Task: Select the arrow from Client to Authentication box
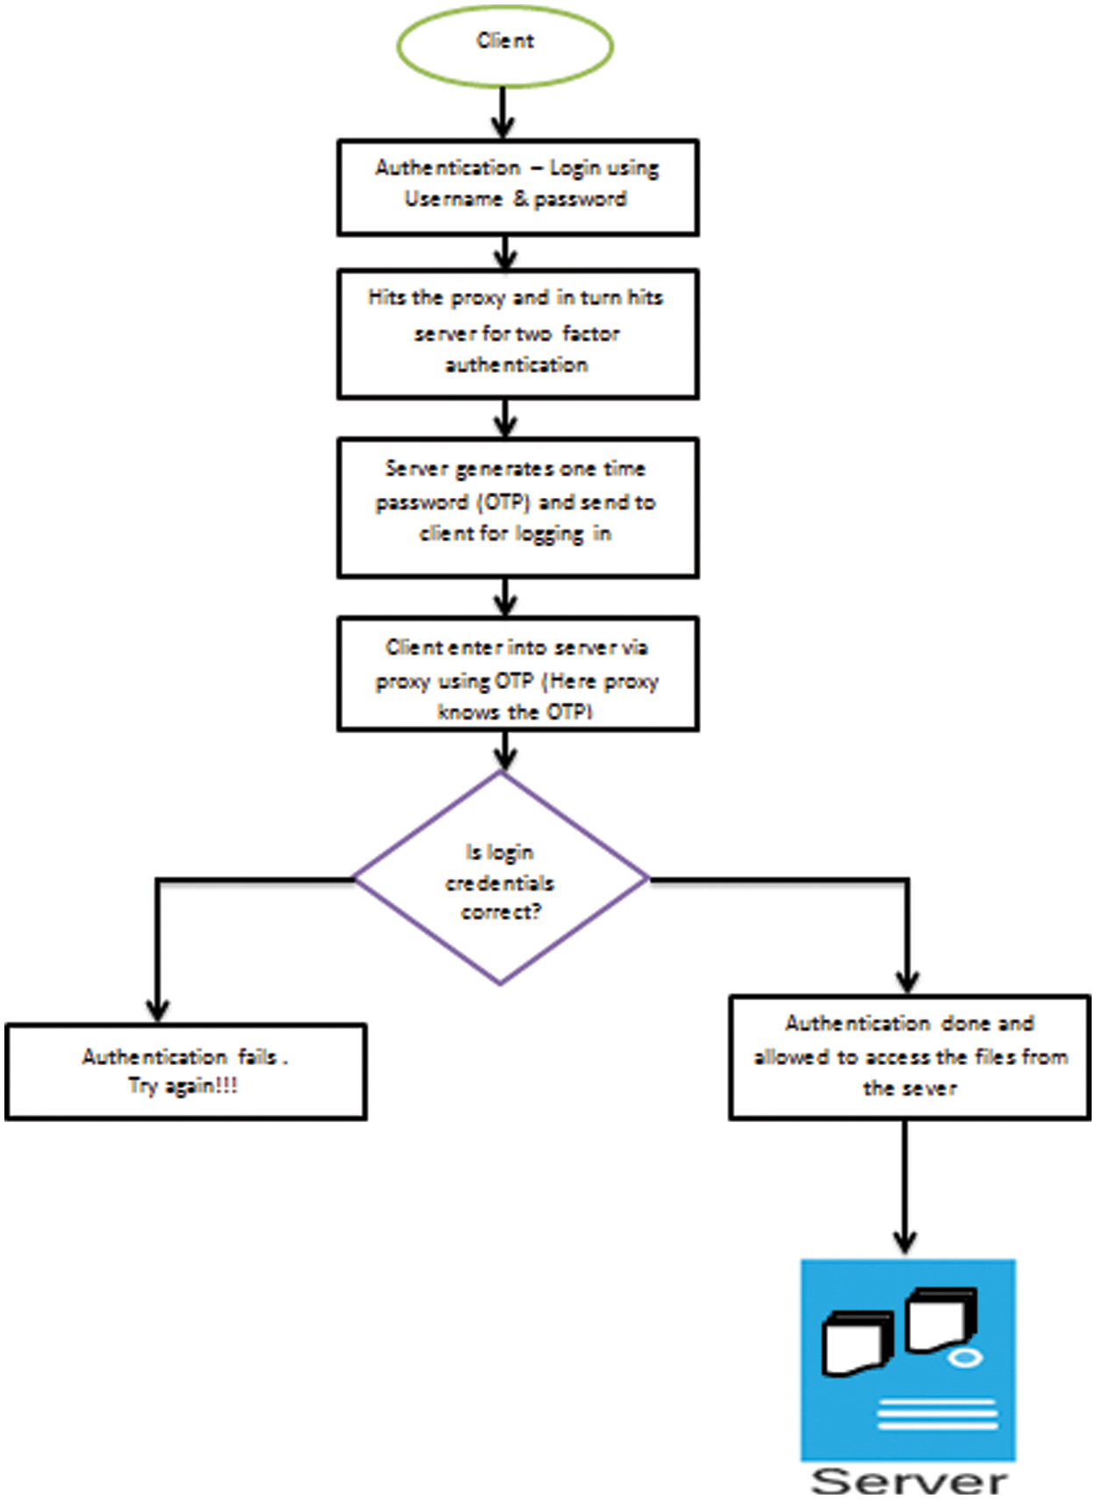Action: (503, 112)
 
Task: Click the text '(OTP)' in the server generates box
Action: (503, 502)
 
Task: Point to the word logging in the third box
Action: (550, 534)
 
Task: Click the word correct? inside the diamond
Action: (501, 913)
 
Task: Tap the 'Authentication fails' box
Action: (185, 1071)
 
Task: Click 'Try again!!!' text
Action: (182, 1086)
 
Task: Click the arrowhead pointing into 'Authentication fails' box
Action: (158, 1010)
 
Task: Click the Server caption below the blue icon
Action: (908, 1481)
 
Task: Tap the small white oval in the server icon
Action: (964, 1358)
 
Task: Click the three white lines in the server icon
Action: (936, 1414)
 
